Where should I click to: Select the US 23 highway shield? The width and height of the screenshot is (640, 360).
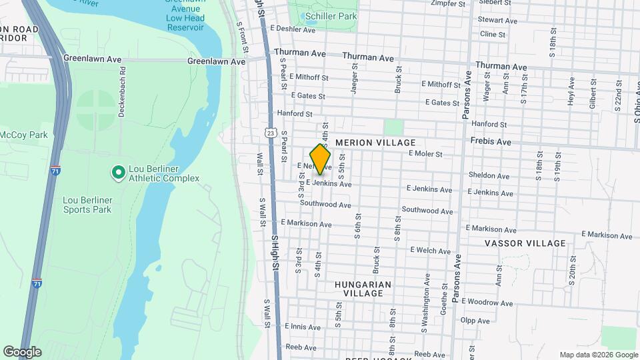tap(270, 133)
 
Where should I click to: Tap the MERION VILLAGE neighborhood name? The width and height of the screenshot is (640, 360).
tap(375, 143)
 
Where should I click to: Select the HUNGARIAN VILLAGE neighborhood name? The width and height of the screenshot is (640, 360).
tap(363, 289)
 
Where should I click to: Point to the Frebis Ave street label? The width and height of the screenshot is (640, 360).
tap(490, 142)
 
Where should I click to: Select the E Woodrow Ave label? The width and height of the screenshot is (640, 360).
tap(487, 302)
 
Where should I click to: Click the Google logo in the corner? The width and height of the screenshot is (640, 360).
tap(22, 352)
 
